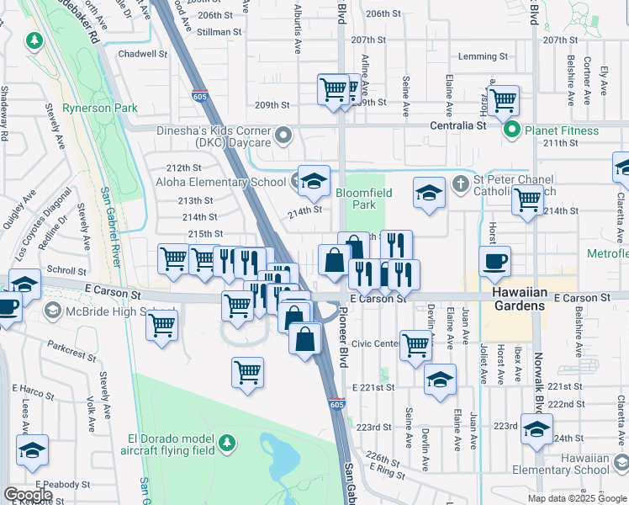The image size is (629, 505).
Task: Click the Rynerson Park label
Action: click(x=101, y=108)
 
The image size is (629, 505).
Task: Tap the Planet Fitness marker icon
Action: click(x=510, y=130)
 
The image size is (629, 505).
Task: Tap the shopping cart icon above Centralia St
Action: click(x=503, y=100)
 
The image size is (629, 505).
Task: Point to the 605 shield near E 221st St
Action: click(x=336, y=405)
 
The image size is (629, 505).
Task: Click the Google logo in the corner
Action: click(x=28, y=495)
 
